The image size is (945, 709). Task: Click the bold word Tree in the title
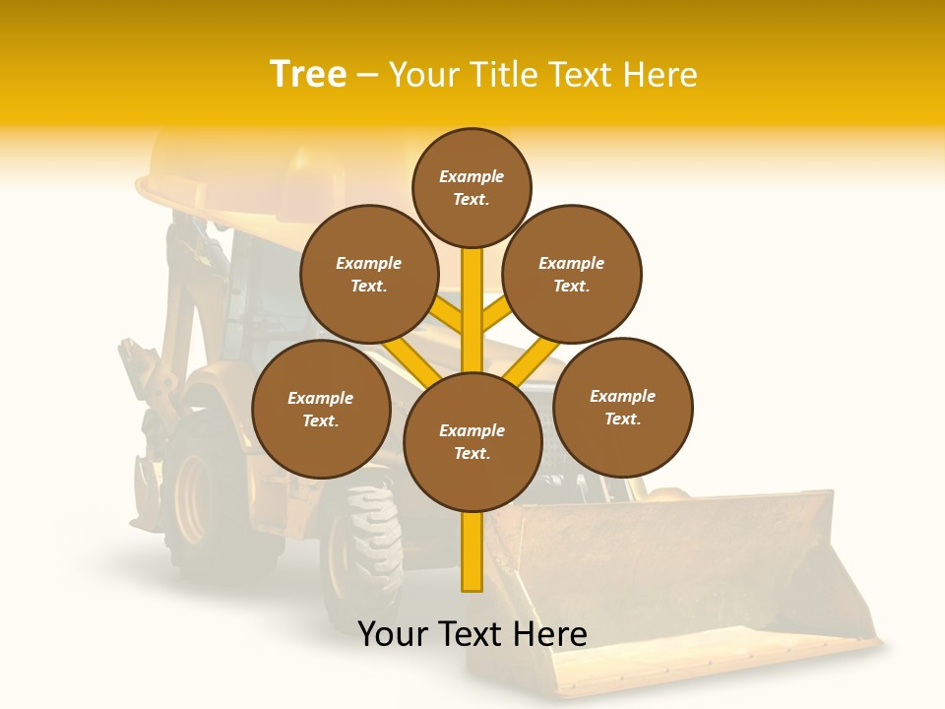pos(308,75)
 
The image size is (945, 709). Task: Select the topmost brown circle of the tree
pos(472,187)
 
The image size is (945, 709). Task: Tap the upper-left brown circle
pos(369,274)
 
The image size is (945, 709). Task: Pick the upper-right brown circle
pos(572,274)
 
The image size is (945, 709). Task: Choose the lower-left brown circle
pos(321,409)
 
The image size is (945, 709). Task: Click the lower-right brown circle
pos(623,407)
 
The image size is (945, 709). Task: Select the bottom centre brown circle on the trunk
pos(472,441)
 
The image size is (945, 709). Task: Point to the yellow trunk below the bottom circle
pos(472,551)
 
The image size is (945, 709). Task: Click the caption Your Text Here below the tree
pos(472,633)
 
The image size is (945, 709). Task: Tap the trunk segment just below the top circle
pos(472,286)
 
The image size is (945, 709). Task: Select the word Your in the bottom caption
pos(393,633)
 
